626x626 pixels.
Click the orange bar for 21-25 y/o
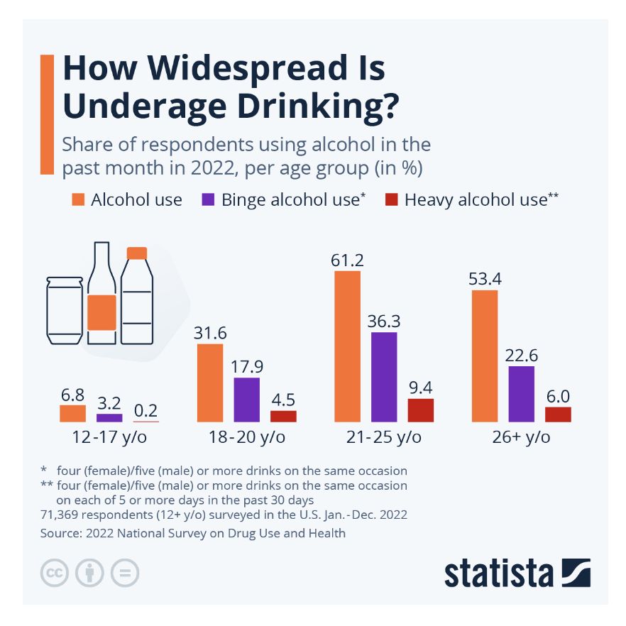[347, 346]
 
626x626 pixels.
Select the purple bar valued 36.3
[384, 377]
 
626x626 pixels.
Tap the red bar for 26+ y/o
[558, 414]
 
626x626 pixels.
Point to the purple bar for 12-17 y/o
[109, 418]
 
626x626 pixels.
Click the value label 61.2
[347, 260]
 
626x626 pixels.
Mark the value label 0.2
[146, 410]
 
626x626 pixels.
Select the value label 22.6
[522, 355]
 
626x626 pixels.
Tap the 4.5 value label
[284, 398]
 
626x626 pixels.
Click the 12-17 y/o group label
[109, 437]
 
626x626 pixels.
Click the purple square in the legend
[209, 200]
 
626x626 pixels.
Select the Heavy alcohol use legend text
[476, 200]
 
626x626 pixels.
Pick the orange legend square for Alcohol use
[78, 200]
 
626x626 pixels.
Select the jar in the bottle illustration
[65, 309]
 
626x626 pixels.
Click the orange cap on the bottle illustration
[136, 253]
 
